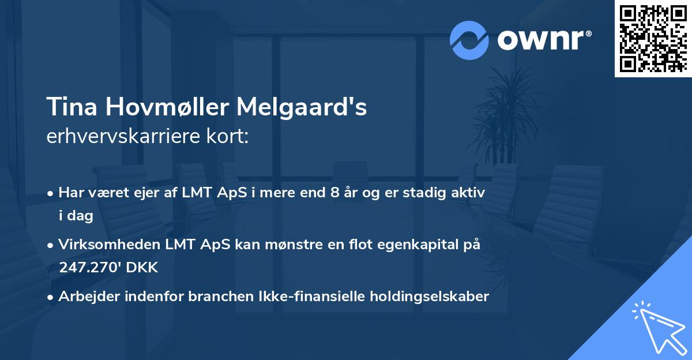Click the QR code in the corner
[653, 38]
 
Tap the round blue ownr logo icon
[469, 40]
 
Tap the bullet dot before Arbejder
[51, 297]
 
